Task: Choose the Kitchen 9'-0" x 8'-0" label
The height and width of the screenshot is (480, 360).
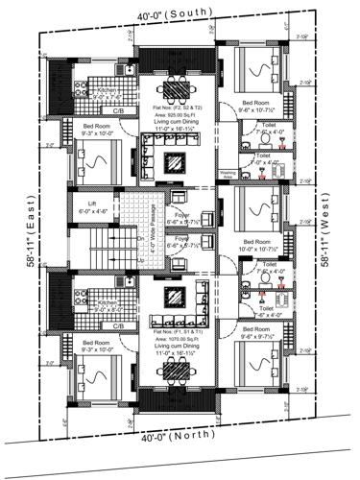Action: (105, 306)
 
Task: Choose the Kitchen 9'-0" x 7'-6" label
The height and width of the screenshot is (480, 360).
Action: (105, 93)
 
